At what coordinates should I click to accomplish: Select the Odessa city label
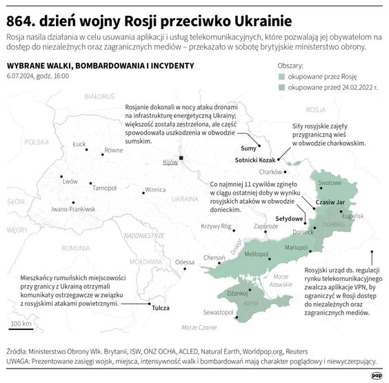point(185,262)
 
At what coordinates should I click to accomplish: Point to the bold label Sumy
point(247,148)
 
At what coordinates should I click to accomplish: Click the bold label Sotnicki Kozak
point(257,159)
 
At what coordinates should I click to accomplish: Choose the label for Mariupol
point(298,246)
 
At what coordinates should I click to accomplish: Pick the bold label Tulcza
point(161,308)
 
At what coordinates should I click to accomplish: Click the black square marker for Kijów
point(181,158)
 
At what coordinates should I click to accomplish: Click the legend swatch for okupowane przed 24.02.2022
point(281,88)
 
